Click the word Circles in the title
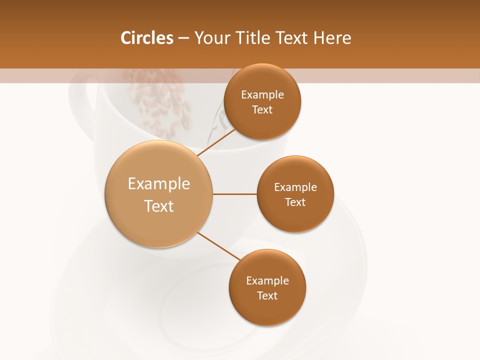(146, 38)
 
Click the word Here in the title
(333, 38)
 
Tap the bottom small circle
(267, 310)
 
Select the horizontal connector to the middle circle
(235, 194)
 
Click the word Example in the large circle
(159, 184)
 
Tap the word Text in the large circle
(159, 206)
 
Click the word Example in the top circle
(262, 95)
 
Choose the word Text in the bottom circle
(267, 296)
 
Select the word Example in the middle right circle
(295, 187)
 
